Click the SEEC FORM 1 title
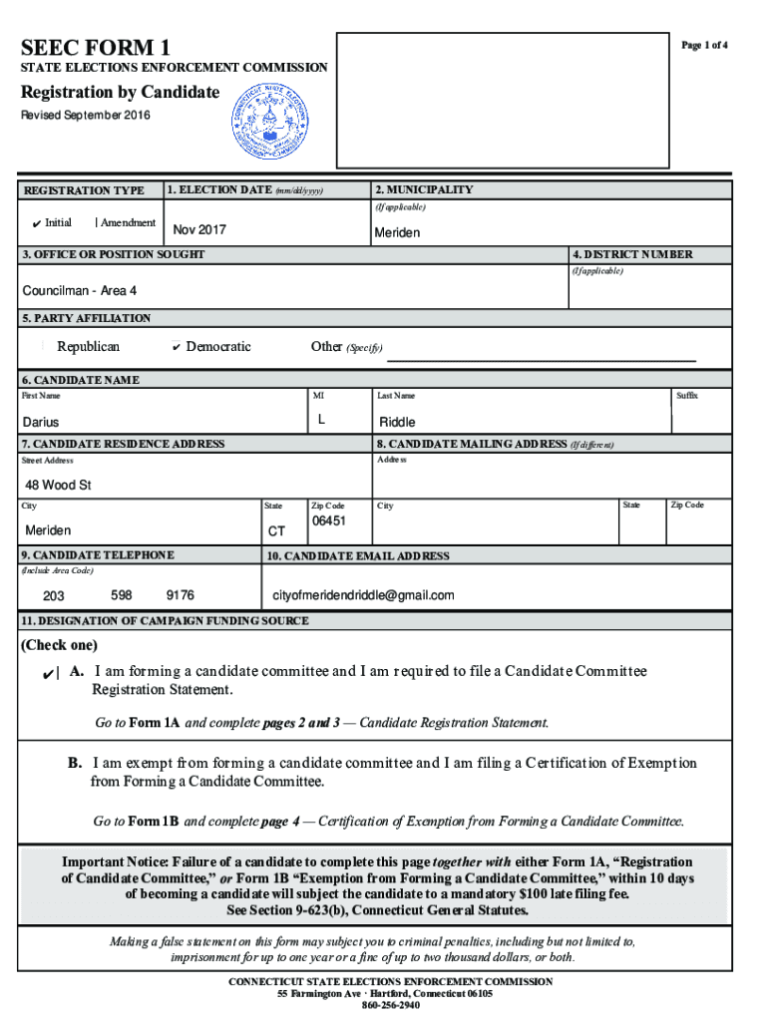(96, 48)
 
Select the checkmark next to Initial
(34, 223)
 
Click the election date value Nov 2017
(199, 230)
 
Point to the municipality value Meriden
(397, 233)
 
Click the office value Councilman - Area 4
(80, 290)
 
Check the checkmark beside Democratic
(176, 348)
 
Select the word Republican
(88, 347)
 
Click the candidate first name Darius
(41, 422)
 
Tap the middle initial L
(321, 421)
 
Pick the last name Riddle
(397, 422)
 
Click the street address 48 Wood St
(58, 486)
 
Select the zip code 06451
(328, 521)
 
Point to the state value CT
(276, 531)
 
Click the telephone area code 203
(53, 595)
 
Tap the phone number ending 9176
(180, 595)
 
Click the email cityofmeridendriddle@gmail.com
(363, 595)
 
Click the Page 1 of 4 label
(704, 46)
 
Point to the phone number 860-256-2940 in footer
(390, 1006)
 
